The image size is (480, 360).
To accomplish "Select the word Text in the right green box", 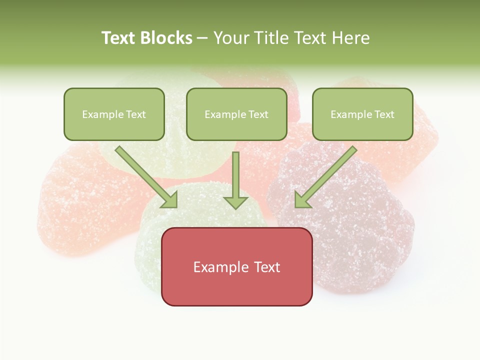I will tap(384, 114).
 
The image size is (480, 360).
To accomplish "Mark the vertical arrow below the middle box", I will tap(235, 175).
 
